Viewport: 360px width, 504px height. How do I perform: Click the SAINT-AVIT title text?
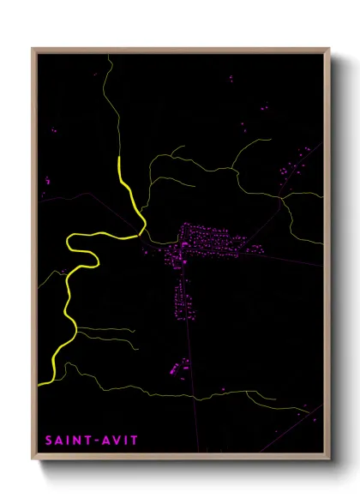click(x=92, y=440)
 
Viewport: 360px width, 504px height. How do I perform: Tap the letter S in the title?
click(x=49, y=440)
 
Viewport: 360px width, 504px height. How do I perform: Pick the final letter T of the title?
click(x=134, y=440)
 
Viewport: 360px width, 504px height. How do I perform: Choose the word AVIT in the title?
click(x=119, y=440)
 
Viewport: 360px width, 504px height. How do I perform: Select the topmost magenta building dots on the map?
click(x=230, y=79)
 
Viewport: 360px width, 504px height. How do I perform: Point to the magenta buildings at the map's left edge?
click(x=46, y=181)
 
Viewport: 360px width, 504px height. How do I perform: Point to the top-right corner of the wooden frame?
click(x=328, y=50)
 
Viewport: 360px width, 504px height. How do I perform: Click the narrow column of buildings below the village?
click(x=181, y=296)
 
